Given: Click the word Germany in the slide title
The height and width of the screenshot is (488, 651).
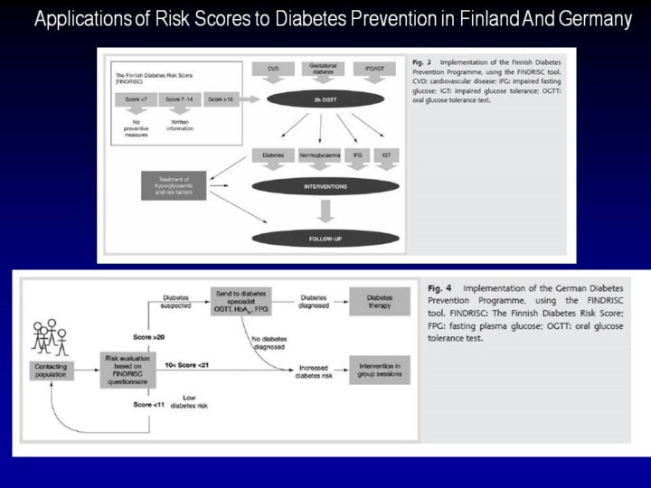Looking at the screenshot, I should (x=589, y=20).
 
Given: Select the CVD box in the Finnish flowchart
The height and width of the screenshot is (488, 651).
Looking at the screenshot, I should (x=272, y=69).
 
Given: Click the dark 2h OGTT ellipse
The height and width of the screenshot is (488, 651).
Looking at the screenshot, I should (x=326, y=97).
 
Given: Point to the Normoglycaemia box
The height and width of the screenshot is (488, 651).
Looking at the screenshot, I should (x=319, y=155).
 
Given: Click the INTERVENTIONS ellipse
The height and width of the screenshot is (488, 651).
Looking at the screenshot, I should (x=326, y=187).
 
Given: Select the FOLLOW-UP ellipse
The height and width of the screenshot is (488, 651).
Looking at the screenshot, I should (x=326, y=239).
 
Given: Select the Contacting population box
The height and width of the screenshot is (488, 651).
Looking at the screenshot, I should (x=52, y=370).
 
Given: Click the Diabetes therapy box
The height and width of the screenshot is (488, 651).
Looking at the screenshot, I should (x=379, y=302).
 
